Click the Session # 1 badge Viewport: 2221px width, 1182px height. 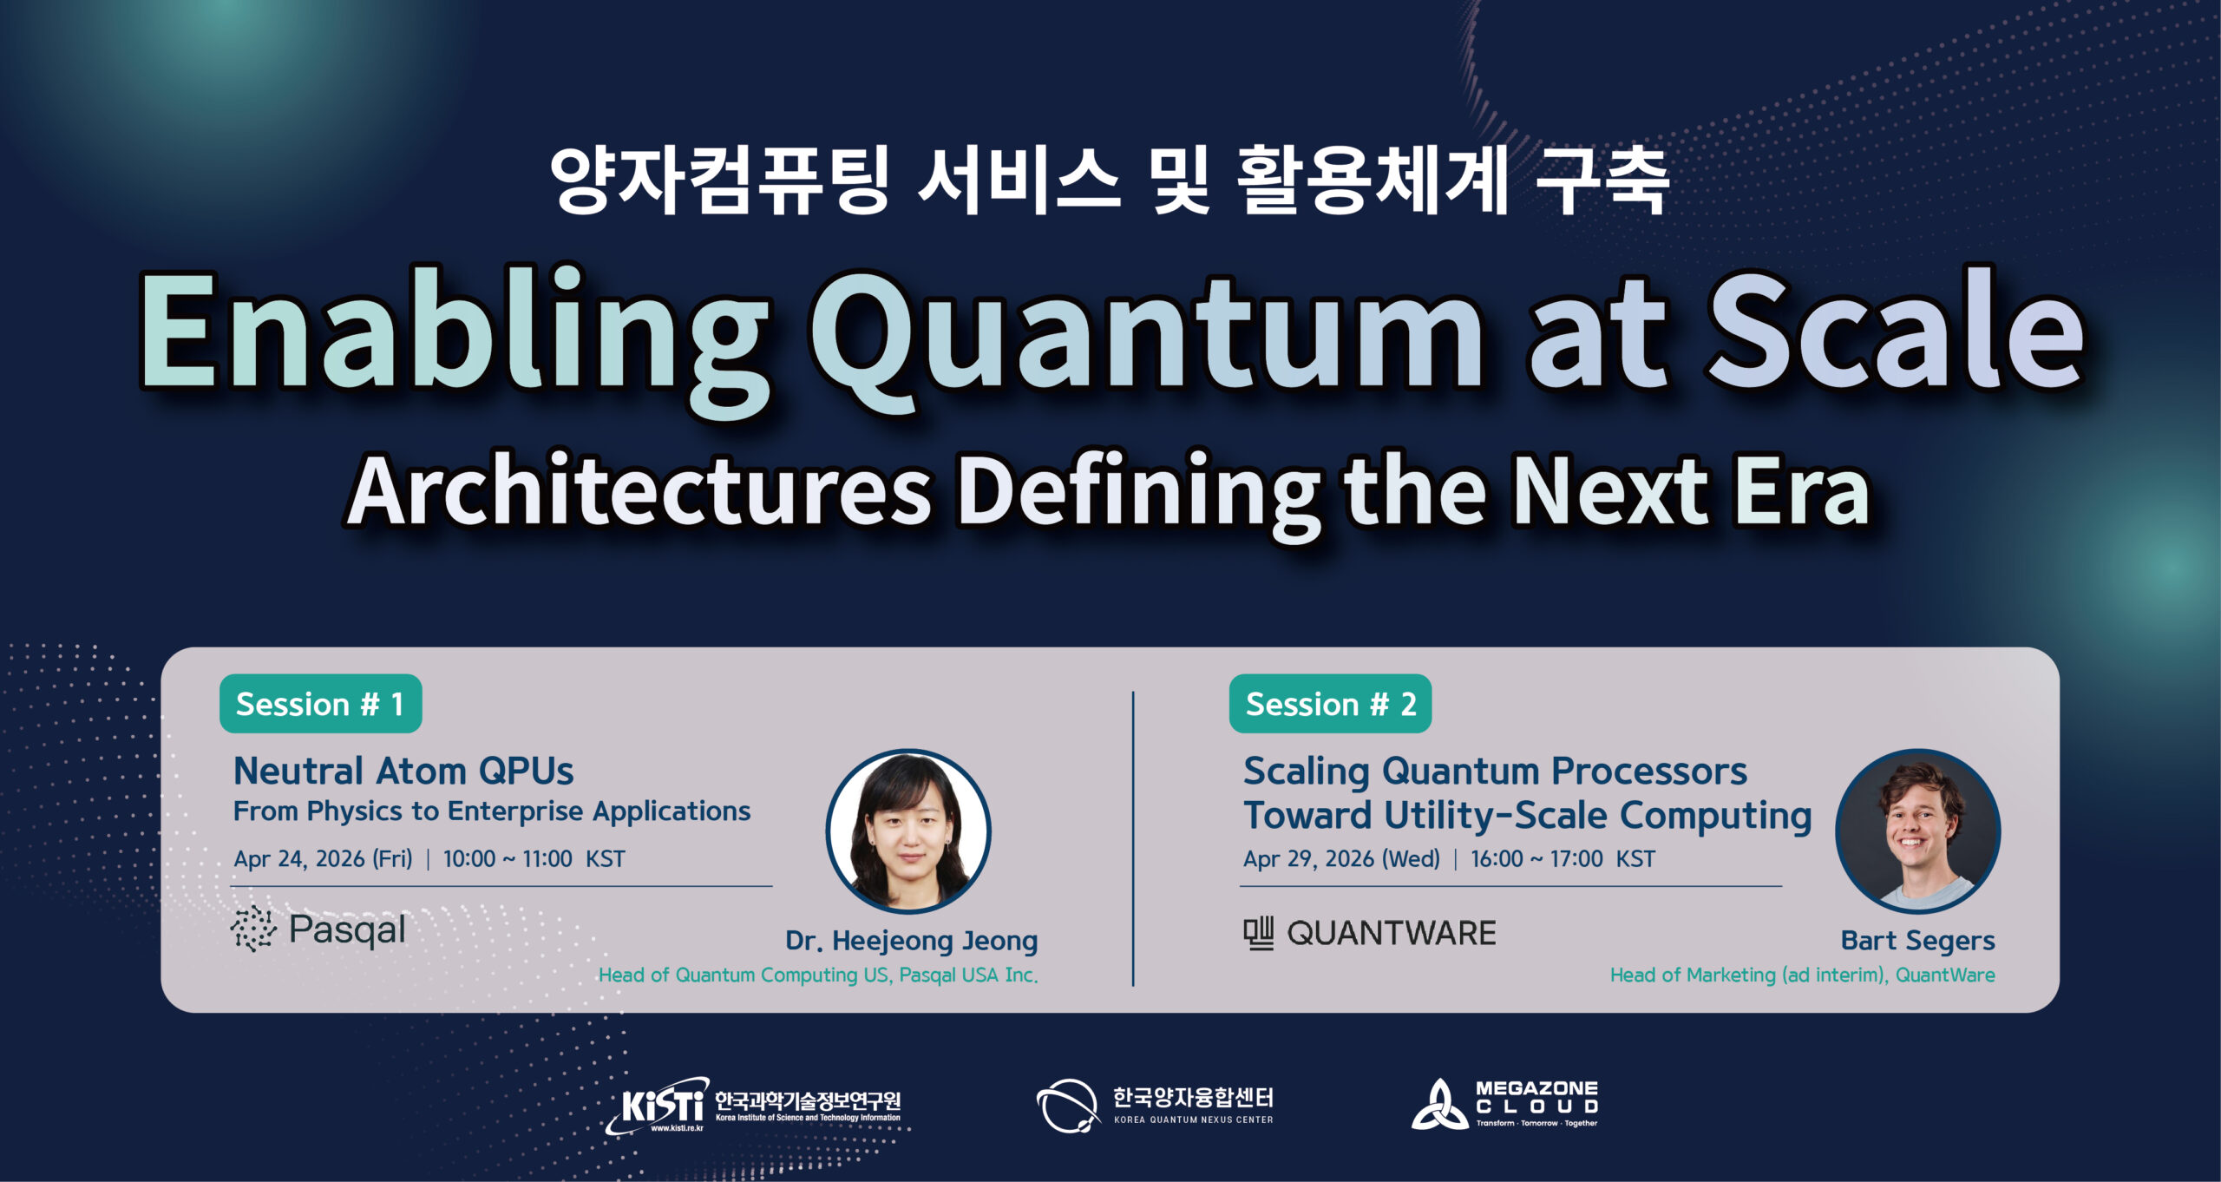(x=320, y=704)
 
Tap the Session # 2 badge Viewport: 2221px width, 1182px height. (x=1330, y=704)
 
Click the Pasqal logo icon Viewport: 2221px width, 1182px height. (x=252, y=929)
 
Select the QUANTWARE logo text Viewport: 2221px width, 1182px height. (x=1391, y=934)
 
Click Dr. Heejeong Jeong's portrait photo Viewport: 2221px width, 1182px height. (x=908, y=831)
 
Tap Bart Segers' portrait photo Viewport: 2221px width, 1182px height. (x=1918, y=831)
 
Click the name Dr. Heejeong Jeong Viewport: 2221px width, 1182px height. (x=911, y=941)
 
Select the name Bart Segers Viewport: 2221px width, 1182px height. (x=1917, y=941)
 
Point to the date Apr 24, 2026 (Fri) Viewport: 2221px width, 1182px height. (x=323, y=859)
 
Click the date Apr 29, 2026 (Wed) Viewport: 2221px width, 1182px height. (x=1341, y=859)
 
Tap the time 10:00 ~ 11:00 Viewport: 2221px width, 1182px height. (x=508, y=859)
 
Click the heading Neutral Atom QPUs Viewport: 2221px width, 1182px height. (x=403, y=772)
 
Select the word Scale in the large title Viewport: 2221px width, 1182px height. (x=1896, y=334)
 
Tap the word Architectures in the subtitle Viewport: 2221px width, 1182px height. (x=639, y=491)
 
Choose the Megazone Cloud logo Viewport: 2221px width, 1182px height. (x=1505, y=1105)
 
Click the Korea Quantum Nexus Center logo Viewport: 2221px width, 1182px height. (x=1154, y=1106)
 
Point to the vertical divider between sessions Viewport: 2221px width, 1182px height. (x=1133, y=837)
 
